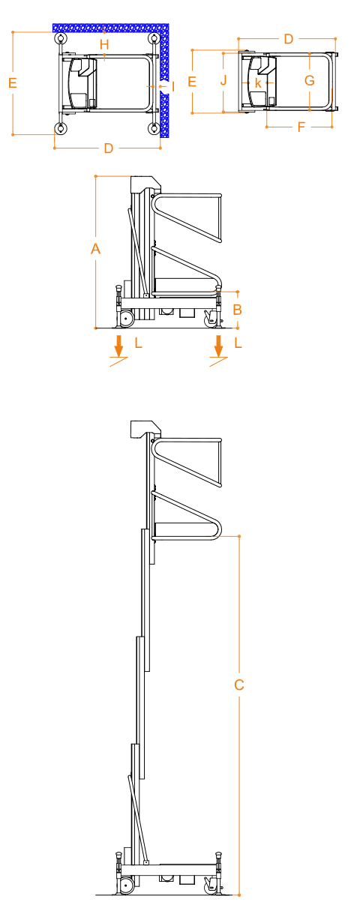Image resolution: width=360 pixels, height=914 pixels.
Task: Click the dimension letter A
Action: click(x=95, y=248)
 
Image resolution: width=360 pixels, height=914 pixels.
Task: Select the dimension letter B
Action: click(x=238, y=310)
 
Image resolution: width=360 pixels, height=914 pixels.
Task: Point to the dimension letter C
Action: click(x=239, y=685)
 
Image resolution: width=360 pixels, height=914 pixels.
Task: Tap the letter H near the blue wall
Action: click(x=104, y=44)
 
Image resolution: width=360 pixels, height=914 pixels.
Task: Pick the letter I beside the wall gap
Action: click(x=173, y=86)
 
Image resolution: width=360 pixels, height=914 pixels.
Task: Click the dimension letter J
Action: click(x=223, y=80)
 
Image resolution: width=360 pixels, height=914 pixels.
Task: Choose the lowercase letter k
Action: click(x=258, y=82)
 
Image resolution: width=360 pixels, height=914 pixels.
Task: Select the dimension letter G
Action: click(x=310, y=80)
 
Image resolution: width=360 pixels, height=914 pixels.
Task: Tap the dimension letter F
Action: click(x=301, y=127)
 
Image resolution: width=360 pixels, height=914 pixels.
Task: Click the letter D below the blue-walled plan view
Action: click(x=109, y=148)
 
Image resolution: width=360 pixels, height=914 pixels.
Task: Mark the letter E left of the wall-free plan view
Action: click(x=192, y=82)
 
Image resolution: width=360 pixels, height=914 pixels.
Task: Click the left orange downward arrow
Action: click(x=118, y=346)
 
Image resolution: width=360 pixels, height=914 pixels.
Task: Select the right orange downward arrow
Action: click(x=219, y=346)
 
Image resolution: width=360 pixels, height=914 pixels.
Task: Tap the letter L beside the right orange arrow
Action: click(x=238, y=343)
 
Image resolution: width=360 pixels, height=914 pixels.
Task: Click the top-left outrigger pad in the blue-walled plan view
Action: click(x=61, y=39)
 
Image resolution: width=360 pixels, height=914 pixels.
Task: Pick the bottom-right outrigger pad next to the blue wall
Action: click(x=154, y=128)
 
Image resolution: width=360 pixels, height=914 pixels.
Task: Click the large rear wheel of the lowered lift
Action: click(x=127, y=318)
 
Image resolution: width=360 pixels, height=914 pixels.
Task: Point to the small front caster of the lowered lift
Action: click(x=211, y=317)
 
